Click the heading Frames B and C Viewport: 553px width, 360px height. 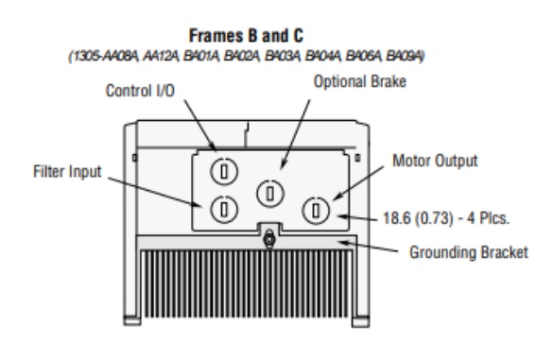point(246,36)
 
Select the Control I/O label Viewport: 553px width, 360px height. point(140,91)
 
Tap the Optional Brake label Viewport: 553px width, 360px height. point(360,81)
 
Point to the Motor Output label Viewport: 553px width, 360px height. point(435,161)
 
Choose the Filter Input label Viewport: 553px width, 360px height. point(67,171)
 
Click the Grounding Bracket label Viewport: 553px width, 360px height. point(468,252)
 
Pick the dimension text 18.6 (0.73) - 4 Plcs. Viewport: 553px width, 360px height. point(446,218)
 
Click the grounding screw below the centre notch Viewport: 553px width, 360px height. point(269,240)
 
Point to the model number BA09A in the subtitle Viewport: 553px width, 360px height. point(405,56)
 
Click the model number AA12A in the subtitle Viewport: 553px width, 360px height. point(161,56)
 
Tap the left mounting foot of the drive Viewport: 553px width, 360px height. point(132,320)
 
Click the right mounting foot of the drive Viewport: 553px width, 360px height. point(361,321)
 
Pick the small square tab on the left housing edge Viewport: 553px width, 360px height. point(134,158)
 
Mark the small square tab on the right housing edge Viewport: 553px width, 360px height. point(357,158)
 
